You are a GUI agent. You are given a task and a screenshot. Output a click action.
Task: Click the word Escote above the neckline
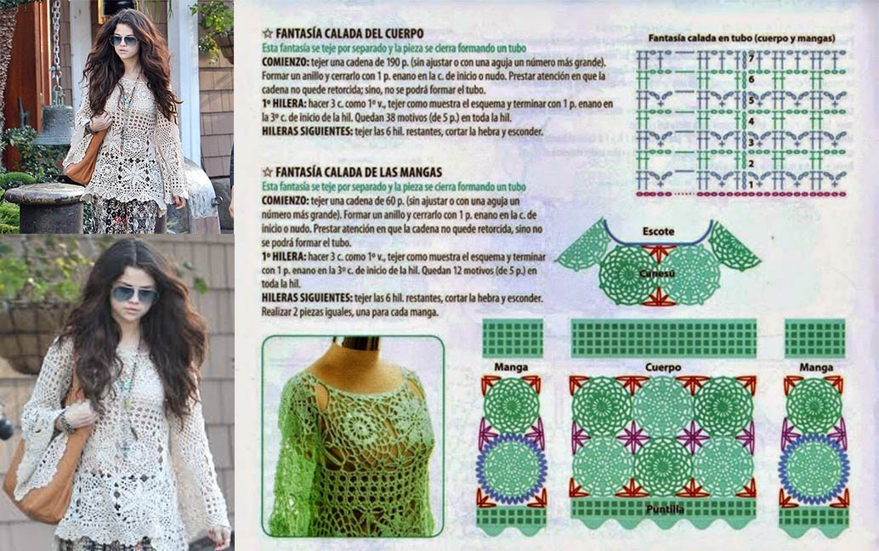click(658, 230)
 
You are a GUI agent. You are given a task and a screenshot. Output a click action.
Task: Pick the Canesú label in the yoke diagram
click(657, 273)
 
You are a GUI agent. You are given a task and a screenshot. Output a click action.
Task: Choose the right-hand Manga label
click(814, 367)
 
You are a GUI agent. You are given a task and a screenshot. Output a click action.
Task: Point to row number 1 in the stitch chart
click(751, 184)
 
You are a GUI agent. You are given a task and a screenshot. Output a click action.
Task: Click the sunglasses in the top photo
click(123, 40)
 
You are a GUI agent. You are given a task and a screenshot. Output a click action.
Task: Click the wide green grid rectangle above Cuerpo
click(663, 338)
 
